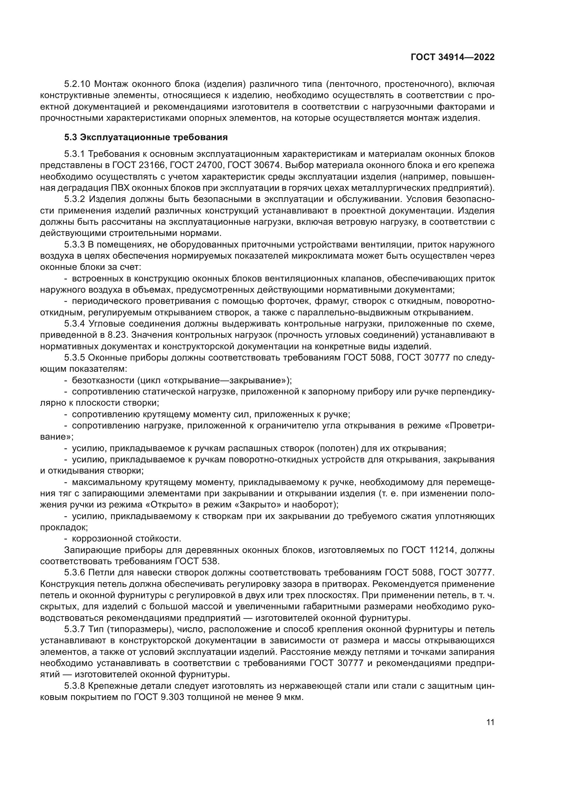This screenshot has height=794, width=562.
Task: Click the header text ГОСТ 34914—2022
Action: pyautogui.click(x=453, y=57)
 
